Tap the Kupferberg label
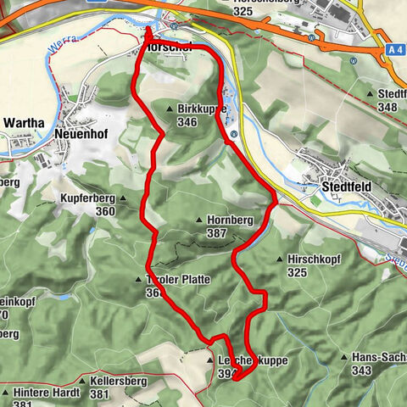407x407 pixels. coord(87,198)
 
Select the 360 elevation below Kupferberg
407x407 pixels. coord(105,211)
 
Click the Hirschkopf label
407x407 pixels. coord(307,259)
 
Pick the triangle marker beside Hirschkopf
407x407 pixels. coord(280,259)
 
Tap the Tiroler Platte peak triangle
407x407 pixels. coord(138,279)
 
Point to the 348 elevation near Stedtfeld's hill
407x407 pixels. coord(388,107)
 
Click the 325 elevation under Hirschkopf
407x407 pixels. coord(298,272)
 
